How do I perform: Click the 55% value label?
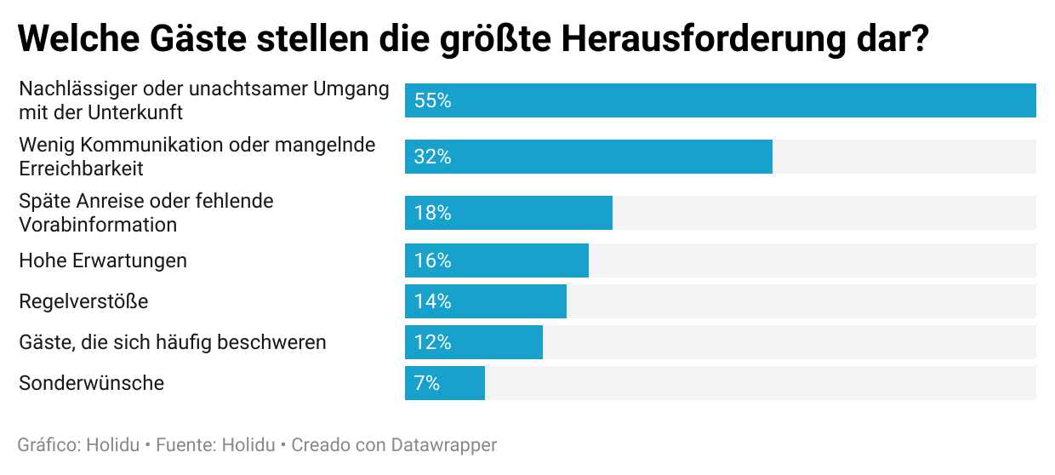point(432,100)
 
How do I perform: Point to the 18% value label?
point(432,213)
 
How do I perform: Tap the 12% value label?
point(432,342)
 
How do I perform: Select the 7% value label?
point(427,383)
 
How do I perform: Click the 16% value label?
point(432,260)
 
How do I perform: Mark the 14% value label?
point(432,301)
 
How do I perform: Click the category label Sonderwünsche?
point(91,383)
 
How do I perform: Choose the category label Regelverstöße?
point(83,301)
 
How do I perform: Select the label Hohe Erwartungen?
point(103,260)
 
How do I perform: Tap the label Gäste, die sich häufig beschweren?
point(173,342)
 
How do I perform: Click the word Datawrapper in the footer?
point(444,445)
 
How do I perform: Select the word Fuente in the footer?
point(185,445)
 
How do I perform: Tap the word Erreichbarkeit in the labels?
point(81,169)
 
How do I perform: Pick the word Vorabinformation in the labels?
point(98,225)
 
